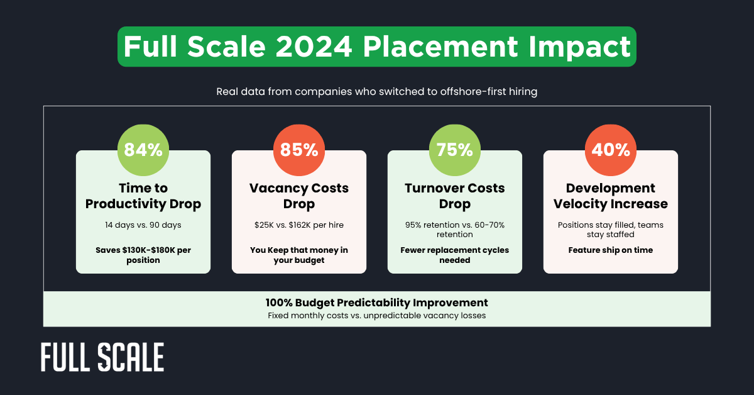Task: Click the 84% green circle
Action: coord(143,150)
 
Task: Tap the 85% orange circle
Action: coord(299,150)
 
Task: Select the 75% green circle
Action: coord(455,150)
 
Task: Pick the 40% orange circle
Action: coord(611,150)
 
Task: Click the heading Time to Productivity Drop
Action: coord(143,196)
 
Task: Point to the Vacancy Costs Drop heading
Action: coord(299,196)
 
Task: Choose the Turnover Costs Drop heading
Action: coord(455,196)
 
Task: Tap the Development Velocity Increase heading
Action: coord(611,196)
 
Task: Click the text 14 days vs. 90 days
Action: coord(143,225)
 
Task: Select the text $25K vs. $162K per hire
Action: coord(299,225)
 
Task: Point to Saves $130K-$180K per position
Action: coord(143,255)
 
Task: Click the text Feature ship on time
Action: coord(611,250)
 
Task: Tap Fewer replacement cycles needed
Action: coord(455,255)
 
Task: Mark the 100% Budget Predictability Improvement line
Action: coord(377,303)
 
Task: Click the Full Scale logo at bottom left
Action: coord(102,357)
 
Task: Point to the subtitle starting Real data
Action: coord(377,92)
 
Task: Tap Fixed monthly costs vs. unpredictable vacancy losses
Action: coord(377,315)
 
